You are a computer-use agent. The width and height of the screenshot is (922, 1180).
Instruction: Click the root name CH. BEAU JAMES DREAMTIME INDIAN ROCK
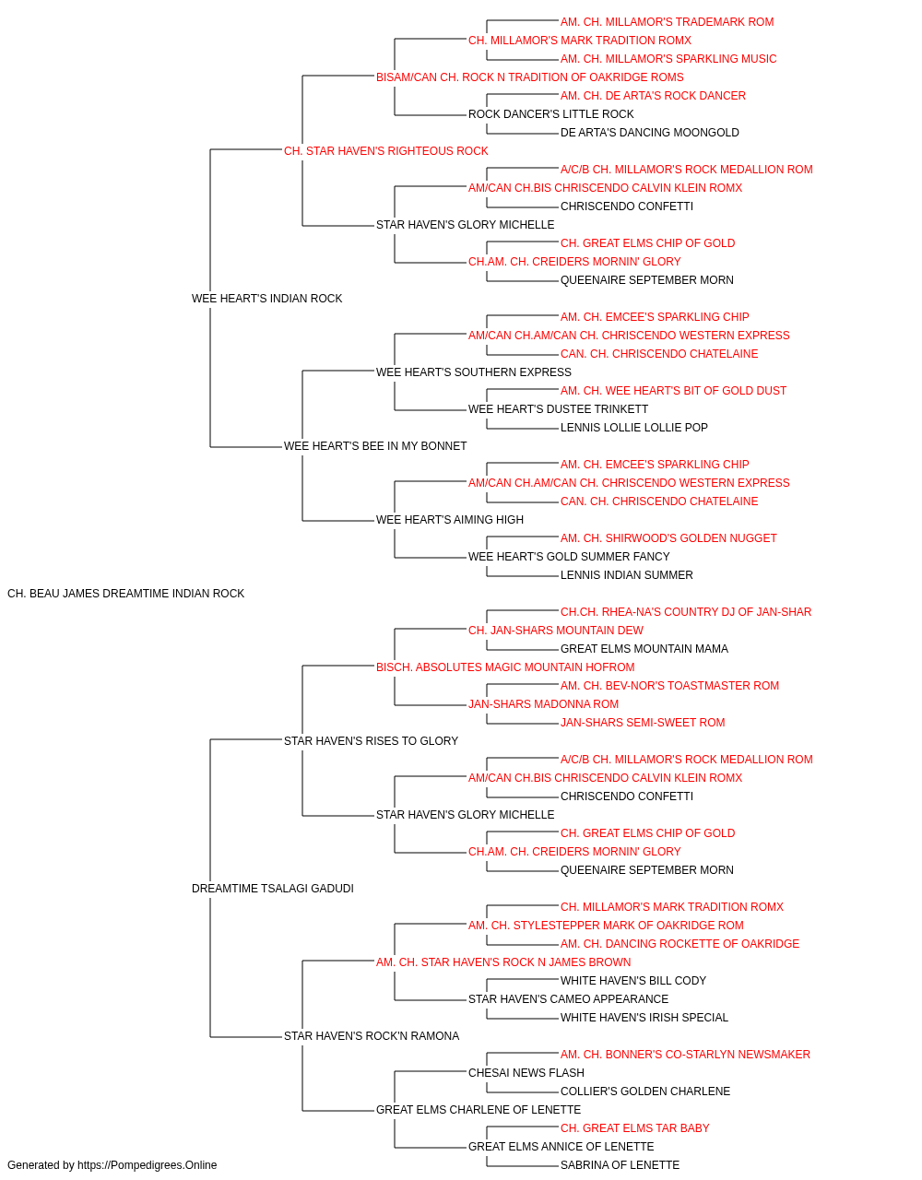(x=125, y=594)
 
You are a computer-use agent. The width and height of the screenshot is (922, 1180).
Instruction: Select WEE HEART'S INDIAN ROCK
(x=266, y=299)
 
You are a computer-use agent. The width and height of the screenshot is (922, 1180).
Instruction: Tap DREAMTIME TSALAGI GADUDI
(x=273, y=889)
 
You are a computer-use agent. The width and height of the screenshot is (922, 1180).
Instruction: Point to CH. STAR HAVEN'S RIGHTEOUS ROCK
(x=386, y=151)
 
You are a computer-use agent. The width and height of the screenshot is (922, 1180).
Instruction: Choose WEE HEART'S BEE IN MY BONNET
(x=375, y=446)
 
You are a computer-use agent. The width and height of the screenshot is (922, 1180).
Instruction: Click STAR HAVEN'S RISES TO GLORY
(x=371, y=740)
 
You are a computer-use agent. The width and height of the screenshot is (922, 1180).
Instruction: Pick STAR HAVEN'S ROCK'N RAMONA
(x=372, y=1036)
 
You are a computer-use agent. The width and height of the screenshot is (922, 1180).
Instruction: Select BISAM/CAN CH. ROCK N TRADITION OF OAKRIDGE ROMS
(x=530, y=77)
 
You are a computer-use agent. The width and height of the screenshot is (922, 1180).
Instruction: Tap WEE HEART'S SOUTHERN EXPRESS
(x=474, y=372)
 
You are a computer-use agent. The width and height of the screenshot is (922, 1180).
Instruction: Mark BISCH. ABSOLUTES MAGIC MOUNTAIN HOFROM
(x=505, y=667)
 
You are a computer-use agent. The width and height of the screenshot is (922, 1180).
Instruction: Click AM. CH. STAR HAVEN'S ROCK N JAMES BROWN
(x=503, y=962)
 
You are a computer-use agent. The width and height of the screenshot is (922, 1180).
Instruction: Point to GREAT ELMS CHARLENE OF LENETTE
(x=479, y=1109)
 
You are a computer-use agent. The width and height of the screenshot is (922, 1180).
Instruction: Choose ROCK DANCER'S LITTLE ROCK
(x=551, y=114)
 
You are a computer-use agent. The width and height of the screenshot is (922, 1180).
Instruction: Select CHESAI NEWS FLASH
(x=526, y=1072)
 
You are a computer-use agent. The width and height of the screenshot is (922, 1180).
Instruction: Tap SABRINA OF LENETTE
(x=621, y=1165)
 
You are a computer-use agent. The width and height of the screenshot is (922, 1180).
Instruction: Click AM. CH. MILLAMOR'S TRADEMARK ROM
(x=668, y=22)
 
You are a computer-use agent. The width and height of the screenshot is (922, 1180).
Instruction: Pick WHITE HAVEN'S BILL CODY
(x=633, y=981)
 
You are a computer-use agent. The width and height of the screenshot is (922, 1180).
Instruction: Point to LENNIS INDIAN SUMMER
(x=627, y=575)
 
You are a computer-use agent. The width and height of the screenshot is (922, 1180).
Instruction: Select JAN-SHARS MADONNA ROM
(x=544, y=703)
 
